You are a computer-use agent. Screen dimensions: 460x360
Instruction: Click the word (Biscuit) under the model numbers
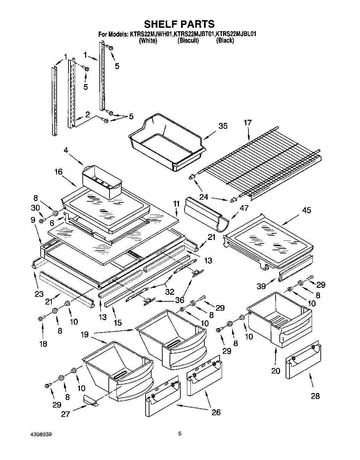point(188,41)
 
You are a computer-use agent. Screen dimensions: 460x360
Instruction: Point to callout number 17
point(248,123)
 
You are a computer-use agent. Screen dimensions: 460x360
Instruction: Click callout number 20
point(275,371)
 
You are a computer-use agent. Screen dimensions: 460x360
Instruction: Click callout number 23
point(39,294)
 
